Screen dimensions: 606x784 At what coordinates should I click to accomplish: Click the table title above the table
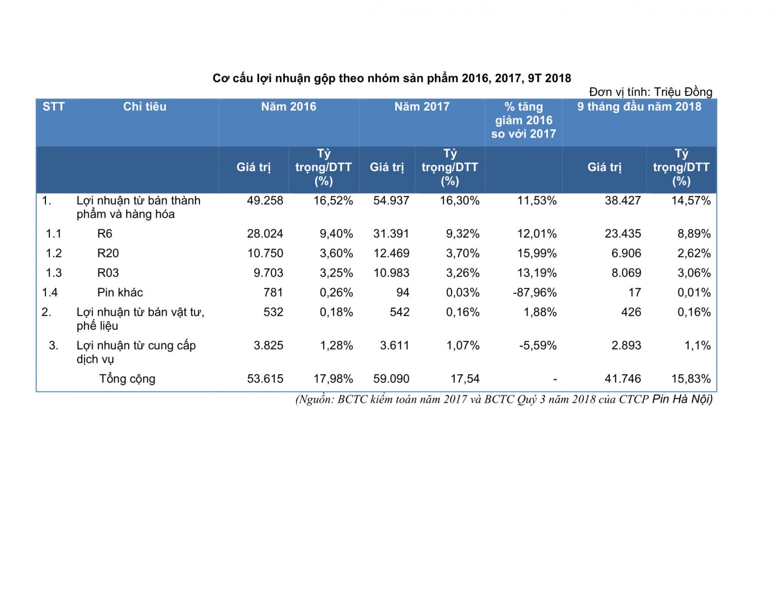coord(392,78)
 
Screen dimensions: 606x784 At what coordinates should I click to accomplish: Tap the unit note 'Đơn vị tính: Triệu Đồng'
coord(650,92)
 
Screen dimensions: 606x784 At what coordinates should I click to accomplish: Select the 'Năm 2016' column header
coord(288,107)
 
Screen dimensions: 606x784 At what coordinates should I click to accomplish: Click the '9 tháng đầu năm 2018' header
coord(639,107)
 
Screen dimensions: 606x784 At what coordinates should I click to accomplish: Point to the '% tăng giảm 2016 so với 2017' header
coord(524,120)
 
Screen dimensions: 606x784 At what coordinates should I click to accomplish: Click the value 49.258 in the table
coord(265,200)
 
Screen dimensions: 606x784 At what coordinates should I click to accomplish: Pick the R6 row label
coord(104,234)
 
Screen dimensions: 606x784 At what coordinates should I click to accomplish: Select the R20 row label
coord(108,254)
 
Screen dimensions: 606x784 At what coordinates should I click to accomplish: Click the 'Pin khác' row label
coord(120,293)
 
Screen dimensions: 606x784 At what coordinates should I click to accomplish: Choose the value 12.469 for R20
coord(391,254)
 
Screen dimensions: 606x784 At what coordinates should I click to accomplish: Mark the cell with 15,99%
coord(537,254)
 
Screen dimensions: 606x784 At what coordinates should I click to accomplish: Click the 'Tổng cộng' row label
coord(127,379)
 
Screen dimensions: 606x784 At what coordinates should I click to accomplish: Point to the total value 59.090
coord(391,379)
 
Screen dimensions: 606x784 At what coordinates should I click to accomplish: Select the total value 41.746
coord(622,379)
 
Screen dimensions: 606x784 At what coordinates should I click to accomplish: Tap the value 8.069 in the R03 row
coord(626,273)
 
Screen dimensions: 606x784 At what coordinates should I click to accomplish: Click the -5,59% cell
coord(538,346)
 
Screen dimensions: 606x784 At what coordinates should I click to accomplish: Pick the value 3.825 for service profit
coord(268,346)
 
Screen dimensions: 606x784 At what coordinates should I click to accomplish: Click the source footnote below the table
coord(504,399)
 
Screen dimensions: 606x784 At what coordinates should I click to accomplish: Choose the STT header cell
coord(54,107)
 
